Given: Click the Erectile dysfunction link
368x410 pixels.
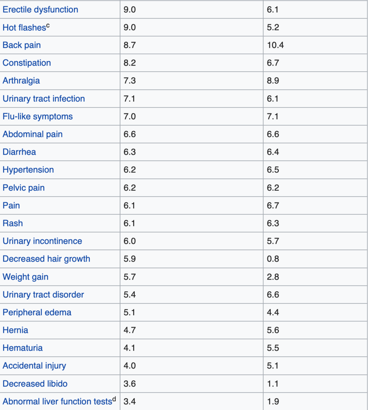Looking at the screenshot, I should coord(40,9).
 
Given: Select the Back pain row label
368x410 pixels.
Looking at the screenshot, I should coord(22,45).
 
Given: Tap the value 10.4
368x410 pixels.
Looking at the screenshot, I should coord(275,45).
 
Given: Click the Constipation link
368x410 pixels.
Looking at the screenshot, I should coord(27,63).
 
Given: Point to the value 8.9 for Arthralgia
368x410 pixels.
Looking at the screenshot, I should coord(273,81).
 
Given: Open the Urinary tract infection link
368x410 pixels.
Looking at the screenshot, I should coord(43,98).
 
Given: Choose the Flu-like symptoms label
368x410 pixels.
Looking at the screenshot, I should coord(37,116).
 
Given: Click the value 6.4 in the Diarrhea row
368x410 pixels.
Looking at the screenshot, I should coord(273,152).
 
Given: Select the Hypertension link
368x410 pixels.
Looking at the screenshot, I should coord(28,170).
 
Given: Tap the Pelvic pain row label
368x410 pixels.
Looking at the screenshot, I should coord(23,188).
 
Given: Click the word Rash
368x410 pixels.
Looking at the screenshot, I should coord(13,223).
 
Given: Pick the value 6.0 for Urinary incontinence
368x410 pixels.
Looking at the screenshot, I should coord(130,241).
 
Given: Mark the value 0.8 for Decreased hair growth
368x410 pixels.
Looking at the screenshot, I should coord(273,259).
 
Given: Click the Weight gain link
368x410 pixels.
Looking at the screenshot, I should coord(25,277).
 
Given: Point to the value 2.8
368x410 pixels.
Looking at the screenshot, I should coord(273,277).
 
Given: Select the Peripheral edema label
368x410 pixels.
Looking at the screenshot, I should coord(37,312).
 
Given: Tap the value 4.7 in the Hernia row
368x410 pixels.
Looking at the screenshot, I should coord(130,330).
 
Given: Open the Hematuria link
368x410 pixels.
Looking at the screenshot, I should coord(23,348).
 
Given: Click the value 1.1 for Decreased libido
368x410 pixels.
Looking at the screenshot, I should coord(273,384).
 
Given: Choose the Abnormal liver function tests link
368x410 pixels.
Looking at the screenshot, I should coord(57,402).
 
